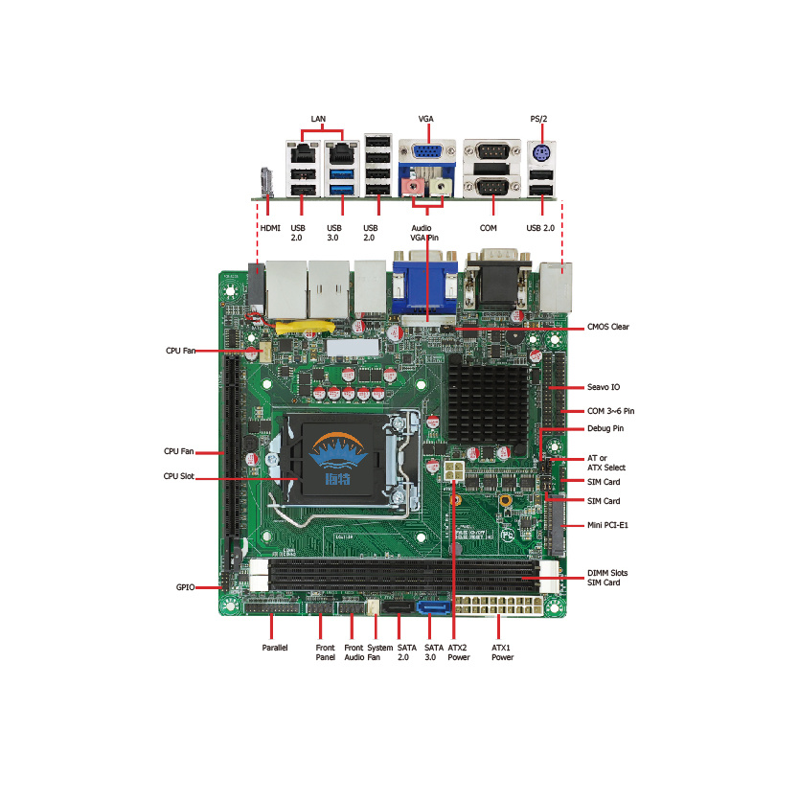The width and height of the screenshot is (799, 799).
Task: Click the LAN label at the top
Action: tap(318, 119)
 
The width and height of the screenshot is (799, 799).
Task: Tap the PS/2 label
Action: tap(539, 119)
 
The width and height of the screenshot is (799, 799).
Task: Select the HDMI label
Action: tap(270, 228)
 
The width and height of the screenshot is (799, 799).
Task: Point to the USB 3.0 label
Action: tap(333, 233)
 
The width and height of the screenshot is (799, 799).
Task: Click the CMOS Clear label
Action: tap(606, 328)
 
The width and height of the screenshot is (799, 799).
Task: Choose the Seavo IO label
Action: tap(603, 388)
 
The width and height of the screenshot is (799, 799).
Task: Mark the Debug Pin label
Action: tap(605, 428)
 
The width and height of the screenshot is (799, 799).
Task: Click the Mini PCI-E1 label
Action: tap(607, 525)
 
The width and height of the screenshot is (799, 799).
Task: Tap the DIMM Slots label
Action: tap(607, 573)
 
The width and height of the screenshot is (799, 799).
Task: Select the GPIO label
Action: tap(185, 586)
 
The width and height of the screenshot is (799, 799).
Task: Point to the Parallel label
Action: tap(275, 648)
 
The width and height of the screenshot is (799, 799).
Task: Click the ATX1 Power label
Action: tap(502, 652)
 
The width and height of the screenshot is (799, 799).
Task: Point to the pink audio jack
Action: tap(414, 182)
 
